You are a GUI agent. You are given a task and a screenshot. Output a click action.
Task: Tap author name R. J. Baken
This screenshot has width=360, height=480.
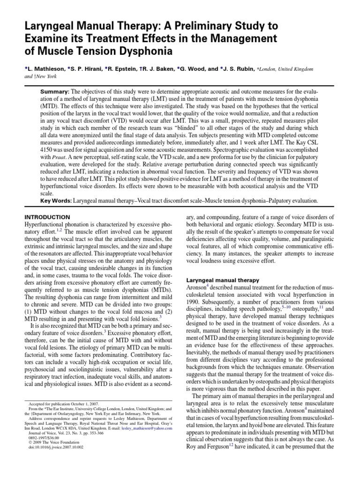point(159,68)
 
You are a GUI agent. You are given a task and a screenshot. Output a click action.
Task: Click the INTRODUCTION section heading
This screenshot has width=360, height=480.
point(46,217)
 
